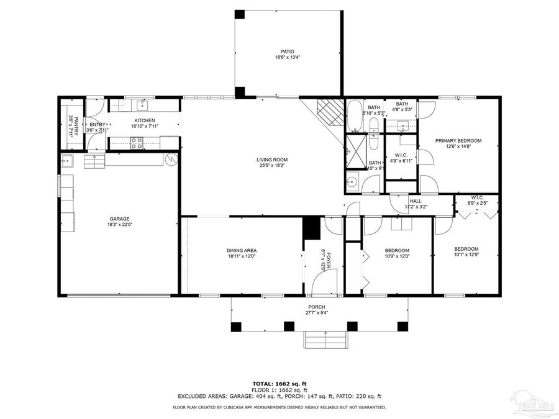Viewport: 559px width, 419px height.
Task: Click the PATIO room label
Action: click(x=287, y=52)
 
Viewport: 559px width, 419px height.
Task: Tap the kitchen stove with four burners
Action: click(x=137, y=143)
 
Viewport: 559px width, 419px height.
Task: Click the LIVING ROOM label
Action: click(x=272, y=160)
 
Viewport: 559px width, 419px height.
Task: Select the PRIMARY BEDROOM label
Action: click(x=458, y=141)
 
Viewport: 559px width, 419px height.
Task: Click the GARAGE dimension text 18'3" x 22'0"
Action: click(x=119, y=225)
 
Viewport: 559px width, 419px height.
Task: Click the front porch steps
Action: click(x=324, y=340)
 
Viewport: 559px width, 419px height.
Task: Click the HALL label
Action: click(x=416, y=201)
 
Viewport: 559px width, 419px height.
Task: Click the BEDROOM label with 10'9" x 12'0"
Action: click(x=398, y=250)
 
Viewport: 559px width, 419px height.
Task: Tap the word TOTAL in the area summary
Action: click(x=263, y=384)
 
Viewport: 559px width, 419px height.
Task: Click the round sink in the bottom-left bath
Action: click(x=352, y=182)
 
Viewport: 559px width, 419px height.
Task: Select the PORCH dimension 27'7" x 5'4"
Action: click(x=317, y=313)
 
